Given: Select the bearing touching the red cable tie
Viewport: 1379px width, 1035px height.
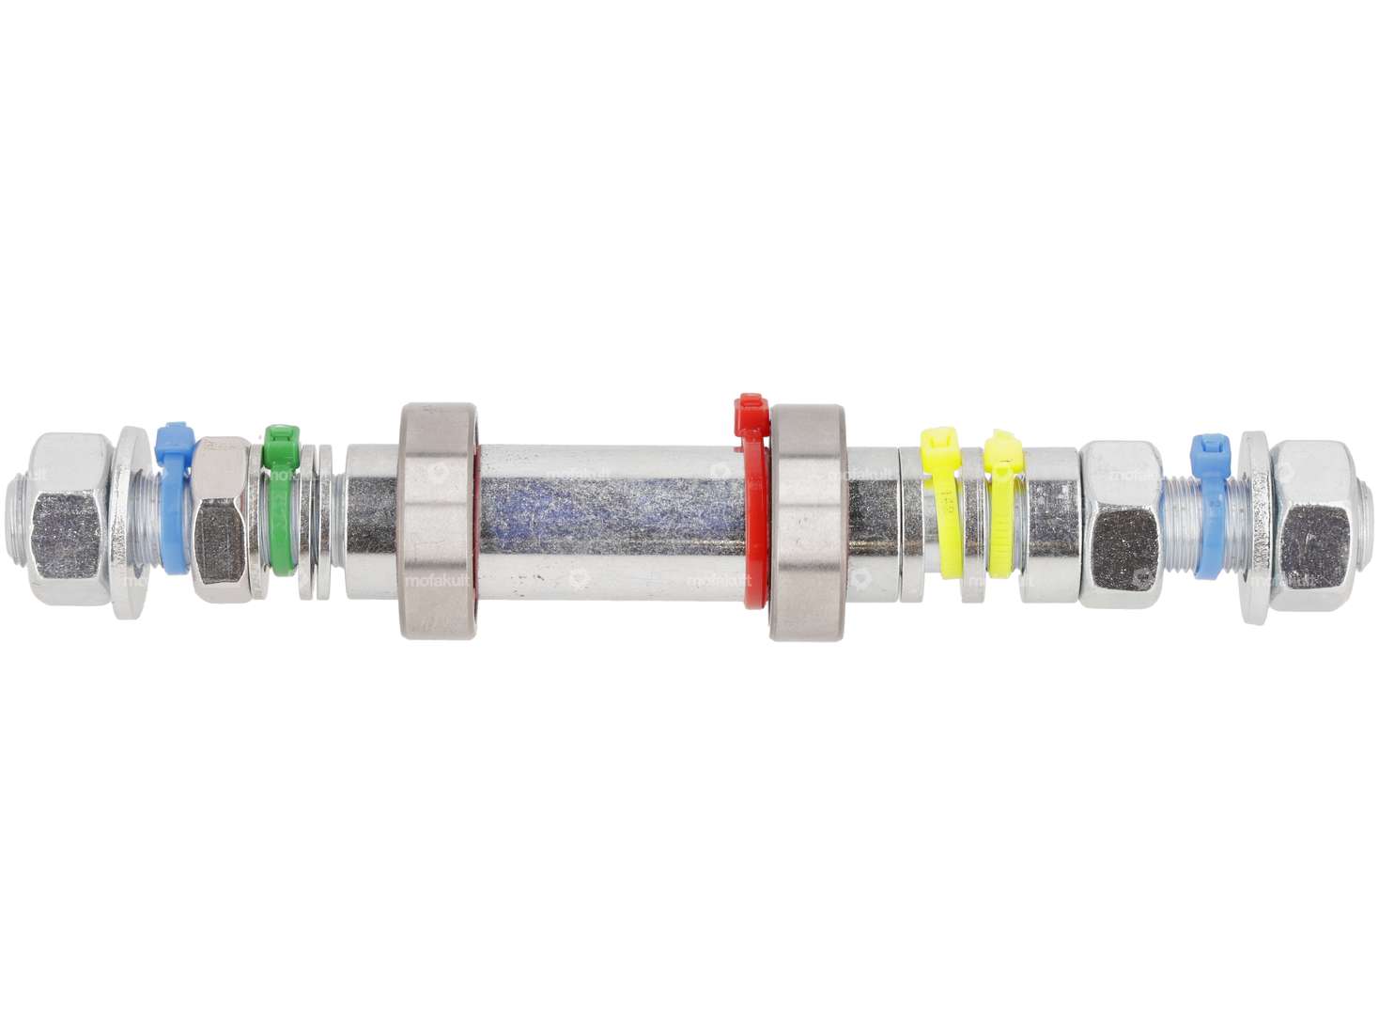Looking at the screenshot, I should [x=810, y=522].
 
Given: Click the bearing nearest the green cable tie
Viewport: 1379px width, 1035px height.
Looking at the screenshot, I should [x=437, y=522].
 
